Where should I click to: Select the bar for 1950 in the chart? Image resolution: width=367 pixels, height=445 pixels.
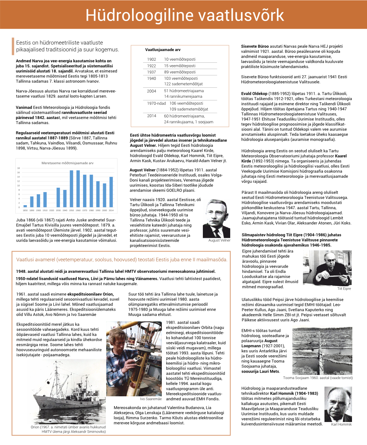pos(71,188)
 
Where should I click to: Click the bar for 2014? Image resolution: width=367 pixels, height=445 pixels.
pos(111,192)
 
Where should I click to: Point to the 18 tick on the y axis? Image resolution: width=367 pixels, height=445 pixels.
pos(19,168)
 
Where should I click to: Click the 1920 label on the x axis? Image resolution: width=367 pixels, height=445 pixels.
pos(52,210)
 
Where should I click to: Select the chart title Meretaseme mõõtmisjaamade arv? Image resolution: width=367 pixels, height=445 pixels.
pos(67,163)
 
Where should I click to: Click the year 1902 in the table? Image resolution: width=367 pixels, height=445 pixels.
pos(151,59)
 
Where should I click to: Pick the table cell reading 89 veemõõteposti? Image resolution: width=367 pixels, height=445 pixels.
pos(179,72)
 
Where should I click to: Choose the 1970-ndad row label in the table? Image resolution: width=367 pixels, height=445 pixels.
pos(156,103)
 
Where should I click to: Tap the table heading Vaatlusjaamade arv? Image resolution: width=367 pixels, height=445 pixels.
pos(163,50)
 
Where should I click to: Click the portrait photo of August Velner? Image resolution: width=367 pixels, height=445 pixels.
pos(217,218)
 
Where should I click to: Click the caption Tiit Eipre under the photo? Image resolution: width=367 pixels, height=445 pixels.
pos(344,289)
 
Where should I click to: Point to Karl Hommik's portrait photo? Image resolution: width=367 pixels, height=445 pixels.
pos(338,404)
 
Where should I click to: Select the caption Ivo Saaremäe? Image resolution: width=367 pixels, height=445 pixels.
pos(151,399)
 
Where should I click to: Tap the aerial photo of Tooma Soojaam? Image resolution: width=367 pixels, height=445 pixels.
pos(322,351)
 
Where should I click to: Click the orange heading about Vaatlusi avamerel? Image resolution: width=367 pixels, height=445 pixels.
pos(121,260)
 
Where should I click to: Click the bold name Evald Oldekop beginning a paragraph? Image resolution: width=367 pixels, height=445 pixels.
pos(254,94)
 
